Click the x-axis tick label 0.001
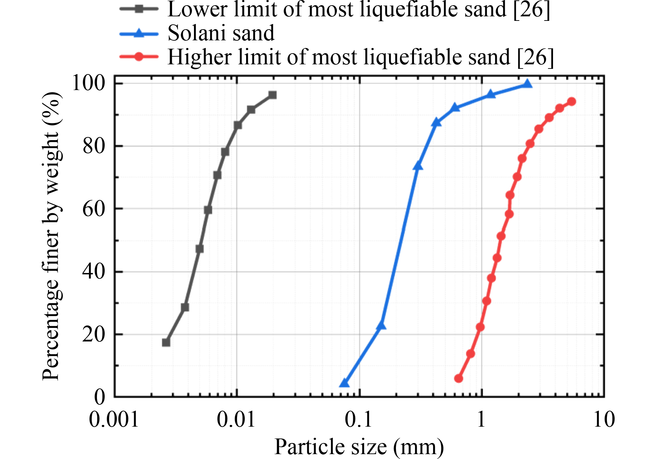pyautogui.click(x=114, y=419)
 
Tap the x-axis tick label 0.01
pyautogui.click(x=236, y=419)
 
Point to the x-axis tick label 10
pyautogui.click(x=604, y=419)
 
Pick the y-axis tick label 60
pyautogui.click(x=94, y=209)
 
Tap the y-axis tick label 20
pyautogui.click(x=94, y=334)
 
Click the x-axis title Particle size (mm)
pyautogui.click(x=359, y=447)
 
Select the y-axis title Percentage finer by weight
pyautogui.click(x=51, y=236)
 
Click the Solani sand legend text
pyautogui.click(x=221, y=33)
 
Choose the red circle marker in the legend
pyautogui.click(x=139, y=57)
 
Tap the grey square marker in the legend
pyautogui.click(x=139, y=9)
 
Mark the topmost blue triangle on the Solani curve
pyautogui.click(x=527, y=84)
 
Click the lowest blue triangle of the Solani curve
pyautogui.click(x=344, y=383)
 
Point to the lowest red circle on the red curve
pyautogui.click(x=459, y=378)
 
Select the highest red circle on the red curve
pyautogui.click(x=571, y=102)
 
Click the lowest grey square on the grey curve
pyautogui.click(x=166, y=343)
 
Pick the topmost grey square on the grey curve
pyautogui.click(x=273, y=95)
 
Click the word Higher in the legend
pyautogui.click(x=200, y=57)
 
